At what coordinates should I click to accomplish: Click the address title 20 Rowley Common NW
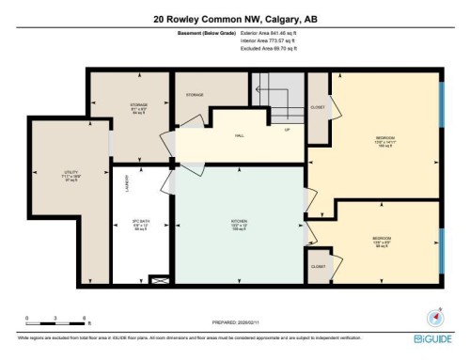pyautogui.click(x=234, y=19)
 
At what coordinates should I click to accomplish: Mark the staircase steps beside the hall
pyautogui.click(x=278, y=94)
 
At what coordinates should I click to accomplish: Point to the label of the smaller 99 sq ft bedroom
pyautogui.click(x=382, y=241)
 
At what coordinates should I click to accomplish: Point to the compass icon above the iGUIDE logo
pyautogui.click(x=434, y=317)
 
